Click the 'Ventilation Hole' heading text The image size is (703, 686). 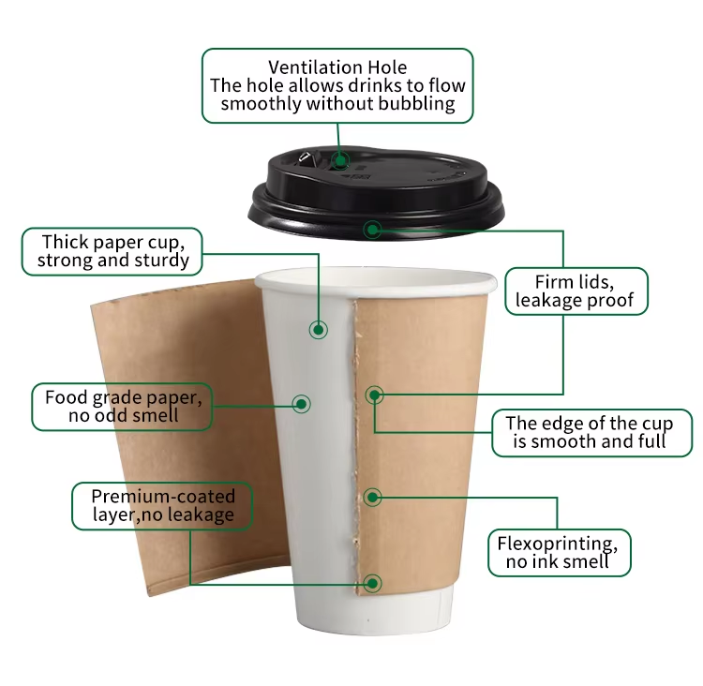click(x=337, y=67)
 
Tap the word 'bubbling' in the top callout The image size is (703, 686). click(x=416, y=104)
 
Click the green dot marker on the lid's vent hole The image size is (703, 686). click(x=341, y=160)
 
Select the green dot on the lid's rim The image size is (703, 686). click(x=372, y=230)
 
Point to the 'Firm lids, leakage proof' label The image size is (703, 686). click(x=576, y=291)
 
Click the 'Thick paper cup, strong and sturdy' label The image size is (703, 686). click(x=112, y=251)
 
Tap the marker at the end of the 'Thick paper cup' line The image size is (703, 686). click(x=319, y=330)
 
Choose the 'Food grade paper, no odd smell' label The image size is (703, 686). click(x=122, y=407)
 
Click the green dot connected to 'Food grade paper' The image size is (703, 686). click(x=301, y=404)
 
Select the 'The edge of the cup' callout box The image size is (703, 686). click(x=591, y=433)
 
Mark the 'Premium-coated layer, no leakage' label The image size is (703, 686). click(x=162, y=506)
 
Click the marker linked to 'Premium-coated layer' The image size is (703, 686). click(x=372, y=583)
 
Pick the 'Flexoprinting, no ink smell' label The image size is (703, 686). click(x=559, y=552)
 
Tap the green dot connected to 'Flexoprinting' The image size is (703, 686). click(x=372, y=498)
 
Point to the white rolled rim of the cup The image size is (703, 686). click(x=376, y=281)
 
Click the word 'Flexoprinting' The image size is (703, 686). click(x=558, y=544)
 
